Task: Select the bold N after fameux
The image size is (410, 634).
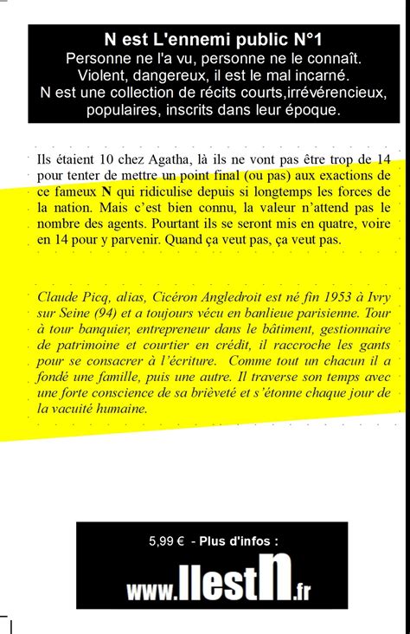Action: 106,192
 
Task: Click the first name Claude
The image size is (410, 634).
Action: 56,298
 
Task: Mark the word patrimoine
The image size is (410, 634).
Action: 91,345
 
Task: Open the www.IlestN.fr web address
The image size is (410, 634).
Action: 218,584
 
